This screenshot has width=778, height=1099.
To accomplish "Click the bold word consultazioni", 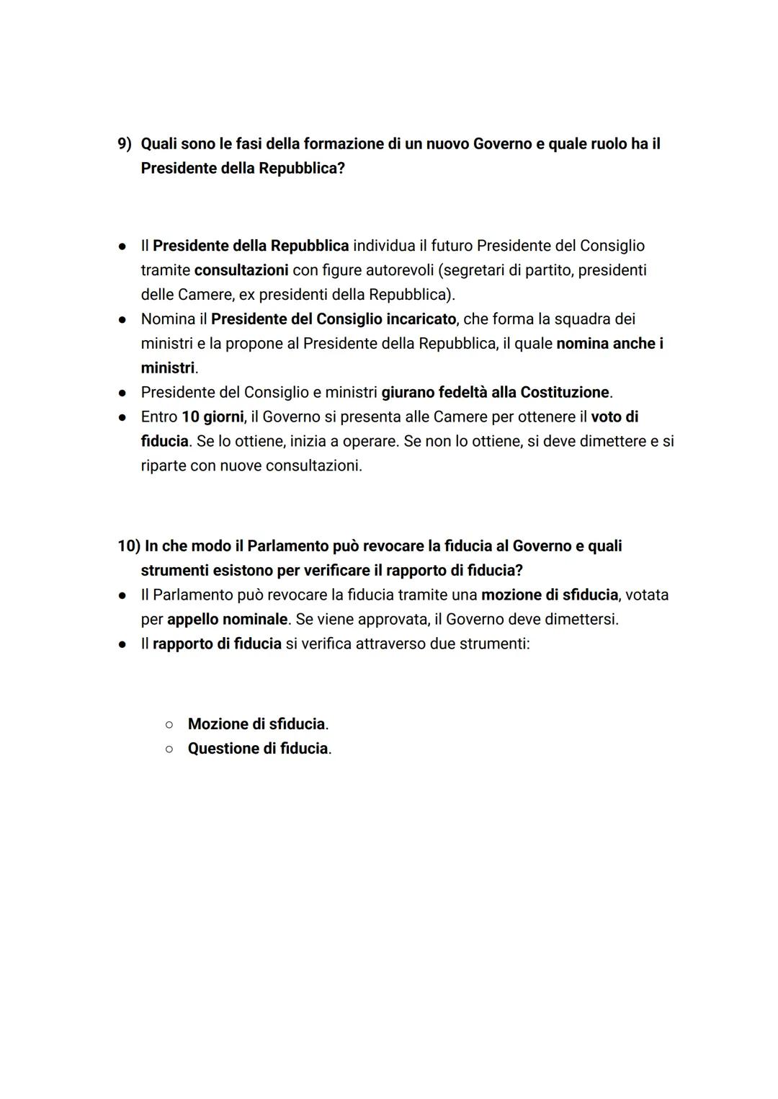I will tap(241, 270).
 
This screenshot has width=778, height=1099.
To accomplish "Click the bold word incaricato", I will tap(421, 319).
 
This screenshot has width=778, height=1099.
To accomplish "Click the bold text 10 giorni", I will tap(213, 417).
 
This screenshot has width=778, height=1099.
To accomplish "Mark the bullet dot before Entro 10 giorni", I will tap(123, 417).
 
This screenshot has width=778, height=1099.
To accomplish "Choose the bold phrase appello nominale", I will tap(227, 620).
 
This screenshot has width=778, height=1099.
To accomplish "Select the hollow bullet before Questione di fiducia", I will tap(169, 749).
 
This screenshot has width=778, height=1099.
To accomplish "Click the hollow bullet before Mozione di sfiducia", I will tap(169, 724).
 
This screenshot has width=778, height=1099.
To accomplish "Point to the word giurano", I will tap(408, 393).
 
